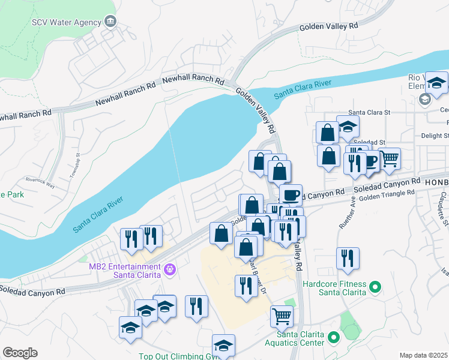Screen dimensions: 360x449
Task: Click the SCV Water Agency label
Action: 66,22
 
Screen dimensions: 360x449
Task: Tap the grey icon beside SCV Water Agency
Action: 110,22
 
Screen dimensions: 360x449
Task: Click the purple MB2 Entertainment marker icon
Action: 170,270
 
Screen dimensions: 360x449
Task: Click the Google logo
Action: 20,353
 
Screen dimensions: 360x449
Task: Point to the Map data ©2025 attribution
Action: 424,355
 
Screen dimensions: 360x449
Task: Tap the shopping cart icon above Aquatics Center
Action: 282,315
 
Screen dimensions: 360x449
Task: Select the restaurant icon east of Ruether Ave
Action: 348,258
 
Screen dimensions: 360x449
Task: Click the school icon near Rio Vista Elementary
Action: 437,82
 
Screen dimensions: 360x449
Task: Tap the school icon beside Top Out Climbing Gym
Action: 223,345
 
